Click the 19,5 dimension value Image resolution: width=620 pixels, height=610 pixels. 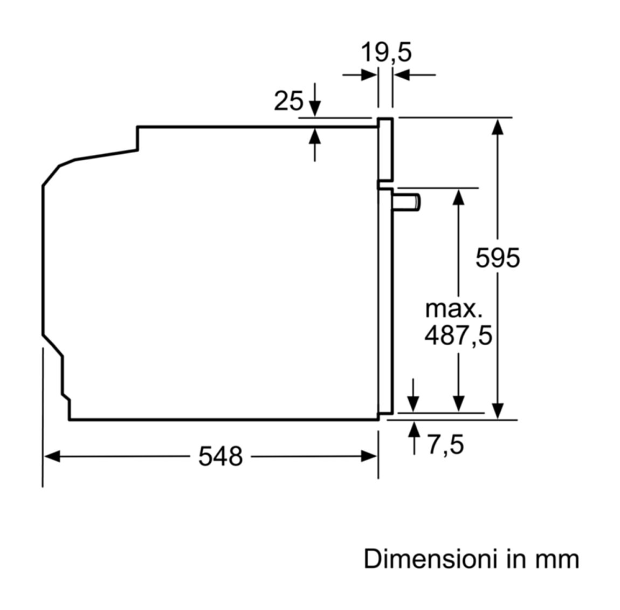(x=387, y=53)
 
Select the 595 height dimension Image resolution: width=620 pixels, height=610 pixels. (x=498, y=258)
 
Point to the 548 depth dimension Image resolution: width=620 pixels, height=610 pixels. (x=221, y=456)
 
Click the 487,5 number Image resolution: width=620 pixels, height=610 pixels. (x=458, y=335)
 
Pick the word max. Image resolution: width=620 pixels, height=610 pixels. (x=454, y=309)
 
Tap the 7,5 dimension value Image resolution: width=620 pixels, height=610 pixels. (x=446, y=444)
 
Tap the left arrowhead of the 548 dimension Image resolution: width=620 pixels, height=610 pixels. (x=52, y=456)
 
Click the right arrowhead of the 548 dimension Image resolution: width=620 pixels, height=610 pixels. (x=369, y=456)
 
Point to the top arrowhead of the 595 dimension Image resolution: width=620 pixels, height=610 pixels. (x=498, y=127)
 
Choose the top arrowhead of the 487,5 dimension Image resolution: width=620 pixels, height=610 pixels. (x=458, y=197)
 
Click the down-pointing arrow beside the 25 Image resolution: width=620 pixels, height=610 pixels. (x=315, y=100)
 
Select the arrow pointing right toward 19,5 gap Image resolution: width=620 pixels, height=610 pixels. (x=360, y=74)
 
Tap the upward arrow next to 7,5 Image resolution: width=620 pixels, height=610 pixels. (x=414, y=438)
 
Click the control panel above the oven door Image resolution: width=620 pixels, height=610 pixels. (x=385, y=149)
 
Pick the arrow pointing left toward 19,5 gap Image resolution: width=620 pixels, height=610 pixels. (x=415, y=74)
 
